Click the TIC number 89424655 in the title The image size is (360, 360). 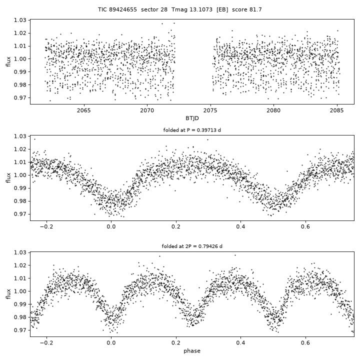click(123, 9)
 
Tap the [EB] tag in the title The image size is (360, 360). click(222, 9)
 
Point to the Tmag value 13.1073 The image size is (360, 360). click(201, 9)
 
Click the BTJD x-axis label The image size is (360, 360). click(192, 118)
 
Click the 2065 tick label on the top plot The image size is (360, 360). click(84, 110)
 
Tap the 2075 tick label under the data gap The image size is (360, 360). click(210, 110)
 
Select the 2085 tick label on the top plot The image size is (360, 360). click(337, 110)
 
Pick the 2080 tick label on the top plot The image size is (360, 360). click(273, 110)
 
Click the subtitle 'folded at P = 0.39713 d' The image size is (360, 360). click(192, 130)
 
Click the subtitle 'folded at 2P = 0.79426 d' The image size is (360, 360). click(192, 246)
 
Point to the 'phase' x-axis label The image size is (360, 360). click(192, 351)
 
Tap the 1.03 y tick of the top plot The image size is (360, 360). click(20, 20)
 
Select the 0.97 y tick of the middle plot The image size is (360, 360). click(20, 214)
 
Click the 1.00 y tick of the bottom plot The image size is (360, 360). click(20, 291)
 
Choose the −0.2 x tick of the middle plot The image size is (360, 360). click(46, 227)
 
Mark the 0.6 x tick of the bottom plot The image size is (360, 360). click(305, 343)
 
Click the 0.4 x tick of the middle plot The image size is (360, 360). click(240, 227)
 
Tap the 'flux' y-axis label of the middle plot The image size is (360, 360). click(8, 177)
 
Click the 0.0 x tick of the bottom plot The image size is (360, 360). click(111, 343)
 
